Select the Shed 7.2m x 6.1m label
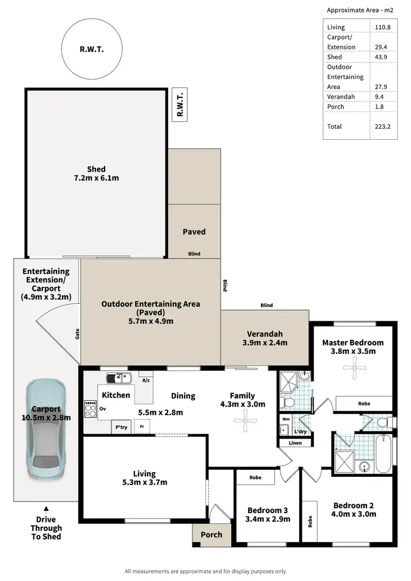(x=96, y=173)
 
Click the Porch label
(x=212, y=534)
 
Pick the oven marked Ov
(x=102, y=408)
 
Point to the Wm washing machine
(x=285, y=419)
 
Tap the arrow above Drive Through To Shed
(x=46, y=509)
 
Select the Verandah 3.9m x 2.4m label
(x=265, y=338)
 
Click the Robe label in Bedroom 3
(x=255, y=477)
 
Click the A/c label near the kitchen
(x=146, y=380)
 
